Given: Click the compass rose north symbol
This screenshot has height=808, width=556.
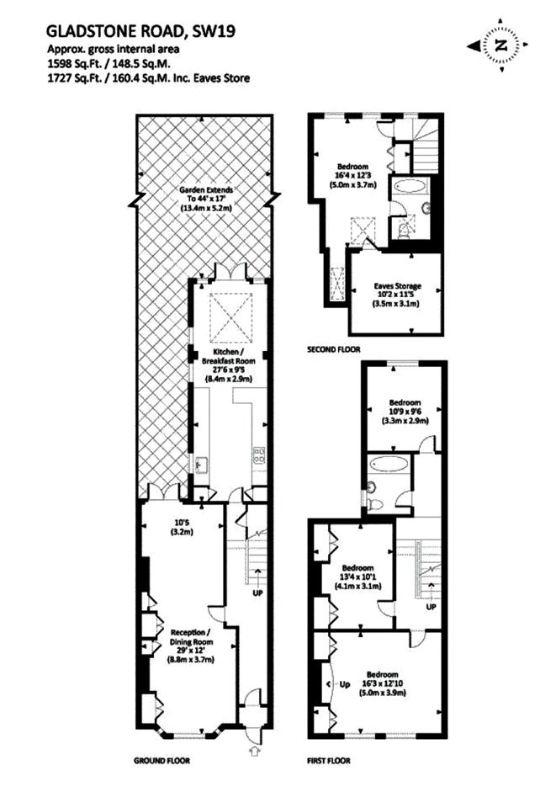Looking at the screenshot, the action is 498,45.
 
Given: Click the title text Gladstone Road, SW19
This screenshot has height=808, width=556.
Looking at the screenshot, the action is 140,31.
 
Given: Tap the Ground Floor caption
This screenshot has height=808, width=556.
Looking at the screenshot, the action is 162,761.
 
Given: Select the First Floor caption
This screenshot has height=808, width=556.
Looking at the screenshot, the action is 328,761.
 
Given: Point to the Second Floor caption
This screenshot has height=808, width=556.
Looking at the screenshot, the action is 334,349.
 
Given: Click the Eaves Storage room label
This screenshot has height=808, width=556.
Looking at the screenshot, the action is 397,295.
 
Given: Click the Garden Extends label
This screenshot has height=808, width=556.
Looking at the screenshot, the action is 206,199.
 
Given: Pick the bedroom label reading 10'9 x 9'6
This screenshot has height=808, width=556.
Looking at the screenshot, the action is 405,412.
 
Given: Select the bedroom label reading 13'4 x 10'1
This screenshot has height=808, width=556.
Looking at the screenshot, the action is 357,577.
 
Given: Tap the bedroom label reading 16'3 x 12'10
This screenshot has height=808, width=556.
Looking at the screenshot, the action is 383,683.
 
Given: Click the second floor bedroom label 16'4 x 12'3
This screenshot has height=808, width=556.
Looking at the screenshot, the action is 352,176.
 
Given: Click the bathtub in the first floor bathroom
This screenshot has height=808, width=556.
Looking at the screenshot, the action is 389,463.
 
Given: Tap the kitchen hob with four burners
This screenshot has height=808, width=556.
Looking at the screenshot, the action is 258,453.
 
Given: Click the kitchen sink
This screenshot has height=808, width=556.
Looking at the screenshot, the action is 199,464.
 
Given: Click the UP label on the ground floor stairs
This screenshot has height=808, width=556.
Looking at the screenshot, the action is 257,593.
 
